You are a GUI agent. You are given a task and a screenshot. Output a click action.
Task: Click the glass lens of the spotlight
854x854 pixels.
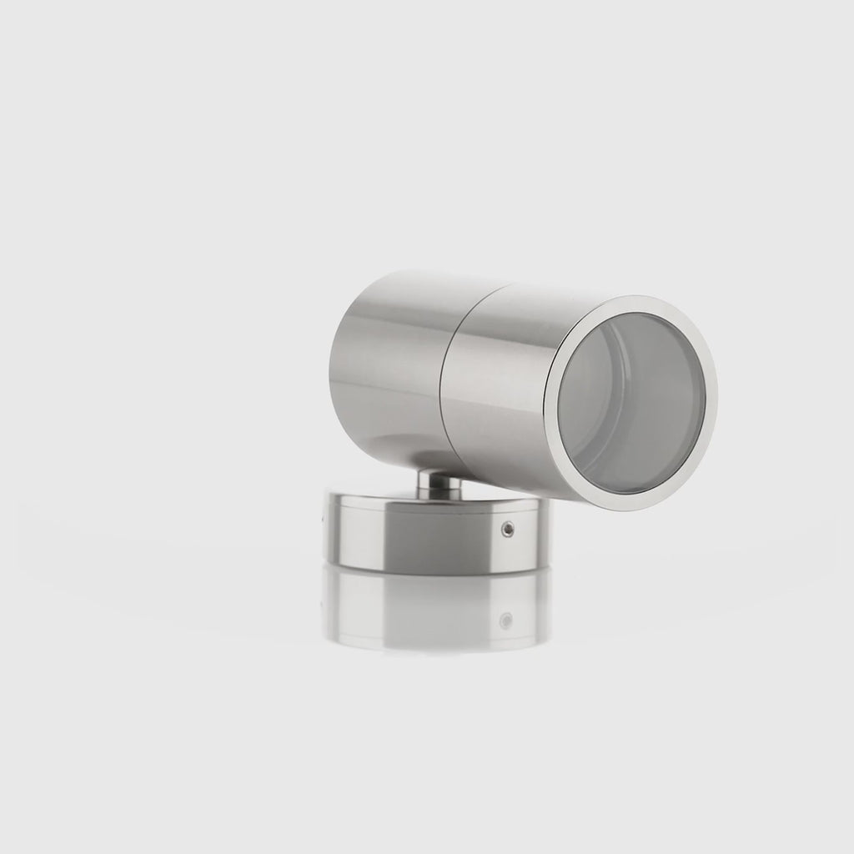pos(631,403)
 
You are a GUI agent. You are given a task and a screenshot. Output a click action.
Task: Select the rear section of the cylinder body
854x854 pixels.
pos(392,359)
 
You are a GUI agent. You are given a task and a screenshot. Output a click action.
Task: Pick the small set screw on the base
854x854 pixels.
pos(506,528)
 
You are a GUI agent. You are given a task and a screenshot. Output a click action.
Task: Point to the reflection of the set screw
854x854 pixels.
pos(505,620)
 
